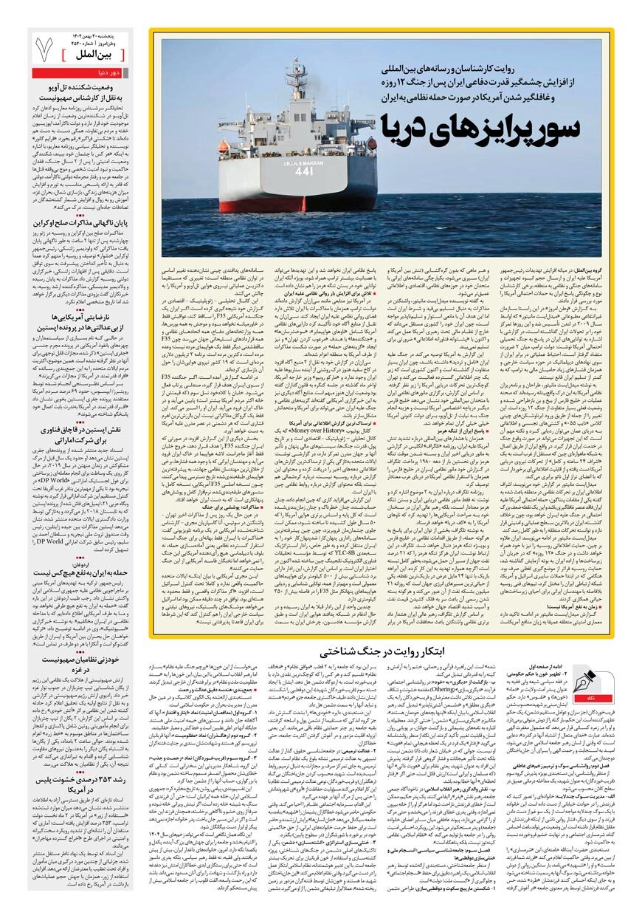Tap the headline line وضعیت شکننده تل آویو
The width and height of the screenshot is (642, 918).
pyautogui.click(x=86, y=87)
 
